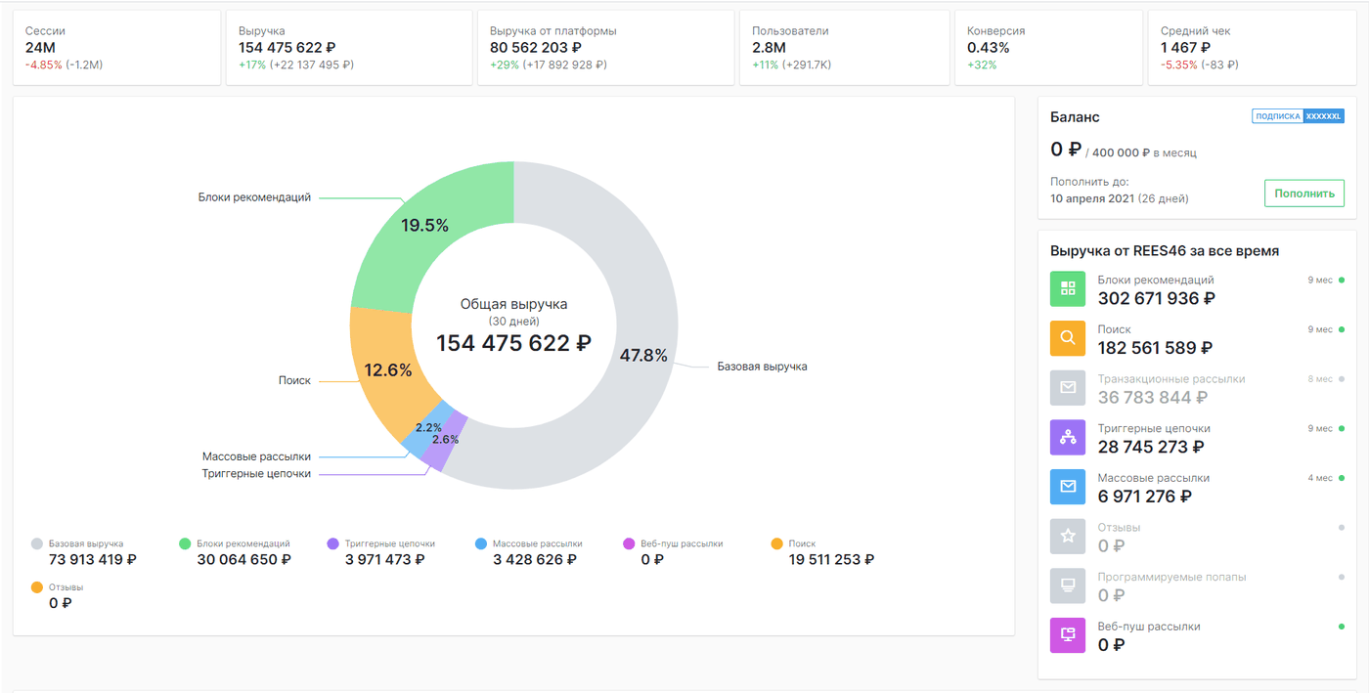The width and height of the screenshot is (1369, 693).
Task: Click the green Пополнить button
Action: (1304, 194)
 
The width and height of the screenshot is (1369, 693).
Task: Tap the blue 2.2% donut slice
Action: (428, 429)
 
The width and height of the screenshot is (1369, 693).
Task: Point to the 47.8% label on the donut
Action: (643, 356)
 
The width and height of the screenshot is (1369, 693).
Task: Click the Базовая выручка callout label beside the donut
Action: (762, 367)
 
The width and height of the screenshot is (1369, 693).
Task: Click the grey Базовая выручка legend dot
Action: (37, 543)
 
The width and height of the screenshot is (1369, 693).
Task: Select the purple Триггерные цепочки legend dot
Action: (333, 543)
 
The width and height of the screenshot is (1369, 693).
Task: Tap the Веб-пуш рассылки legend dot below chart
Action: (629, 543)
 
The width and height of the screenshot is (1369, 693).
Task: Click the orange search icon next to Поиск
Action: (1068, 338)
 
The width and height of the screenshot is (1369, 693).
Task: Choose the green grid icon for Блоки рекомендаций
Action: (1068, 288)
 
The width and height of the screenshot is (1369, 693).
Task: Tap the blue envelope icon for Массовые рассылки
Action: (1068, 487)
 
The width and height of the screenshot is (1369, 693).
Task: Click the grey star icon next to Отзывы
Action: (1068, 536)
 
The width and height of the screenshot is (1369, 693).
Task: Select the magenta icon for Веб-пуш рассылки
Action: (1068, 635)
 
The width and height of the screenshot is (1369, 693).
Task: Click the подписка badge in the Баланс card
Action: (1278, 116)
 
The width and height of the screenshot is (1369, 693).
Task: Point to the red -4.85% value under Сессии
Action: (43, 65)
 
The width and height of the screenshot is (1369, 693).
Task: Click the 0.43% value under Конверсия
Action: (989, 48)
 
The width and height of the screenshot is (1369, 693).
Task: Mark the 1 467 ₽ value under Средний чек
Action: (1185, 48)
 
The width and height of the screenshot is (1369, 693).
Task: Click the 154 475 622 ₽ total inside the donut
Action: (513, 343)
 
